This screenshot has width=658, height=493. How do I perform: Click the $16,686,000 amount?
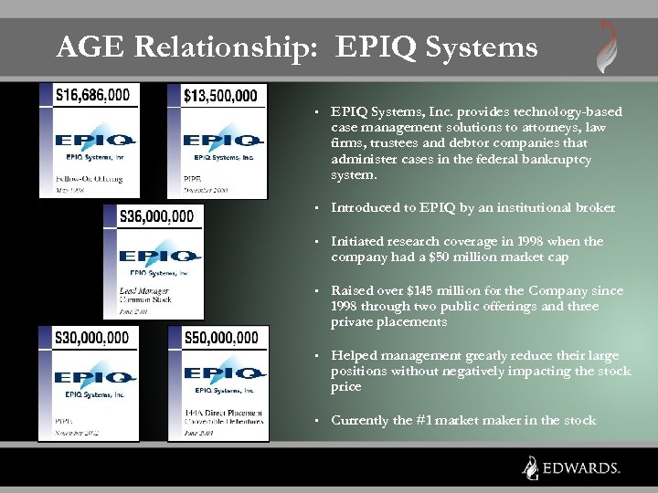pos(92,94)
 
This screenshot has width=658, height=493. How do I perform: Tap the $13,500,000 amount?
pos(219,94)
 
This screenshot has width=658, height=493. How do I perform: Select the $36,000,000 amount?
pos(156,216)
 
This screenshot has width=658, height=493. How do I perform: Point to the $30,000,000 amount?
pos(92,338)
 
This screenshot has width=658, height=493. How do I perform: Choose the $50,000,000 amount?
pos(221,338)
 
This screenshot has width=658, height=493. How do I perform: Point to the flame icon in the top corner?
pos(607,46)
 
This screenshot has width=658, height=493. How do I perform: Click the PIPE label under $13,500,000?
pos(193,178)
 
